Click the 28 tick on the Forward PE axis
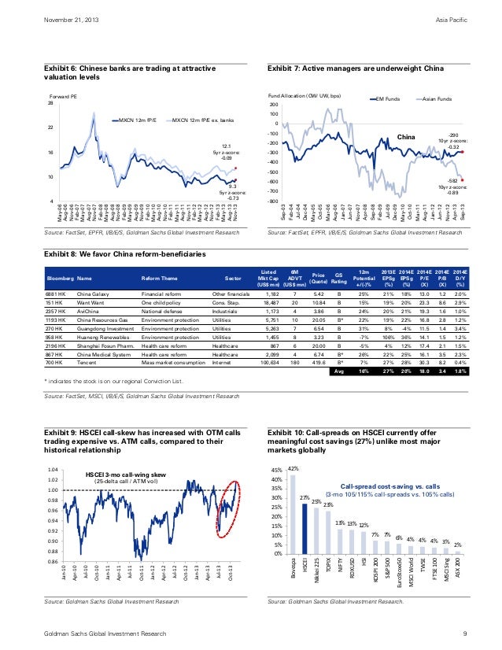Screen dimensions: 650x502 click(x=50, y=103)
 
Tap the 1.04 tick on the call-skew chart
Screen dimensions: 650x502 click(x=52, y=469)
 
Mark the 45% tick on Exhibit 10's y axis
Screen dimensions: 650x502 click(x=276, y=471)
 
